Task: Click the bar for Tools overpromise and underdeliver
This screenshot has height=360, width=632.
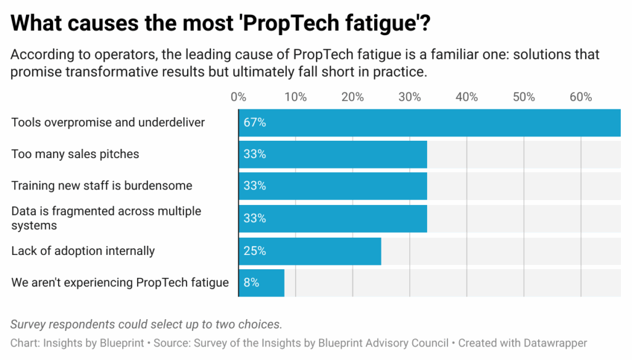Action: [x=430, y=122]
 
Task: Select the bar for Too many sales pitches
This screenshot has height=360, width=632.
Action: [x=333, y=154]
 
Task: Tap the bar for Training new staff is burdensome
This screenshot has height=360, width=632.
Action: [x=333, y=186]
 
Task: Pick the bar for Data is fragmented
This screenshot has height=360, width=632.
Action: [x=333, y=218]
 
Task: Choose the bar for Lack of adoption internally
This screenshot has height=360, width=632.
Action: [x=310, y=251]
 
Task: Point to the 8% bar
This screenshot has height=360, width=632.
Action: [x=262, y=283]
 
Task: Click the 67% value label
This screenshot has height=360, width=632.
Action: [x=254, y=122]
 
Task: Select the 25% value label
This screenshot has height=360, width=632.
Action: [x=254, y=251]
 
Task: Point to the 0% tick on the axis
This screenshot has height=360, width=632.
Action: [x=238, y=97]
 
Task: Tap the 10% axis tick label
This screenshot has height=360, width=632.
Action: [x=296, y=97]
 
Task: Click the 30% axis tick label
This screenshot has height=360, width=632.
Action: [x=410, y=97]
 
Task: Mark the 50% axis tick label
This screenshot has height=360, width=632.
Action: [x=524, y=97]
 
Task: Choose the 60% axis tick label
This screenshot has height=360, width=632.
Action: [x=581, y=97]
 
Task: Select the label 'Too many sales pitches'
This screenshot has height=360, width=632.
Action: [x=75, y=154]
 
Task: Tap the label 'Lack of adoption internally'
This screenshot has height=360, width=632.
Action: [x=83, y=251]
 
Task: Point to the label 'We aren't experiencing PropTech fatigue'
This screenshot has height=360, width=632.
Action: [x=120, y=283]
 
